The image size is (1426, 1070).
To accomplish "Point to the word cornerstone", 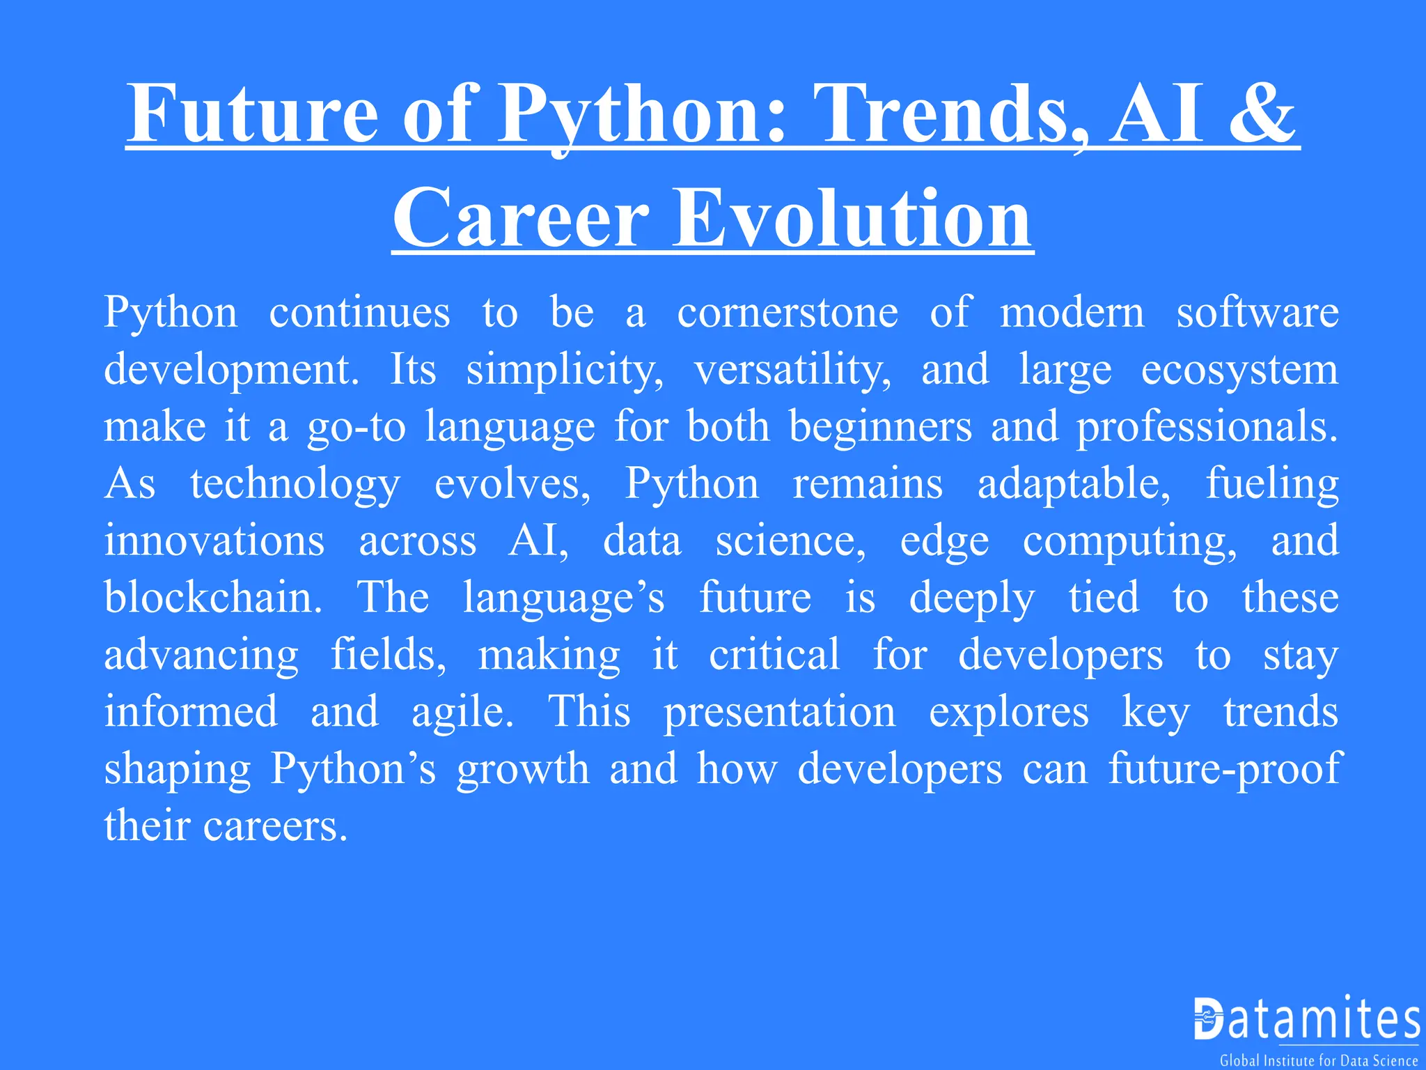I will tap(788, 312).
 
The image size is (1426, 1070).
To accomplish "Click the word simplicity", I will tap(565, 369).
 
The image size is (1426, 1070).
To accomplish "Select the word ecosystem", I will tap(1239, 369).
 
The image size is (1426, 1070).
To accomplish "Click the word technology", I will tap(295, 483).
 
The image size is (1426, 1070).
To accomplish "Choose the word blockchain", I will tap(213, 598).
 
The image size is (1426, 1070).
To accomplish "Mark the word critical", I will tap(774, 655).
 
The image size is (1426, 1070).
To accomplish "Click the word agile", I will tap(462, 712).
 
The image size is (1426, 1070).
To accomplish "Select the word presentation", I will tap(779, 712).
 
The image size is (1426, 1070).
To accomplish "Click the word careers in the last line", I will tap(275, 826).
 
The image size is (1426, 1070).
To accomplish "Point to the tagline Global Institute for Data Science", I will tap(1319, 1061).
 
